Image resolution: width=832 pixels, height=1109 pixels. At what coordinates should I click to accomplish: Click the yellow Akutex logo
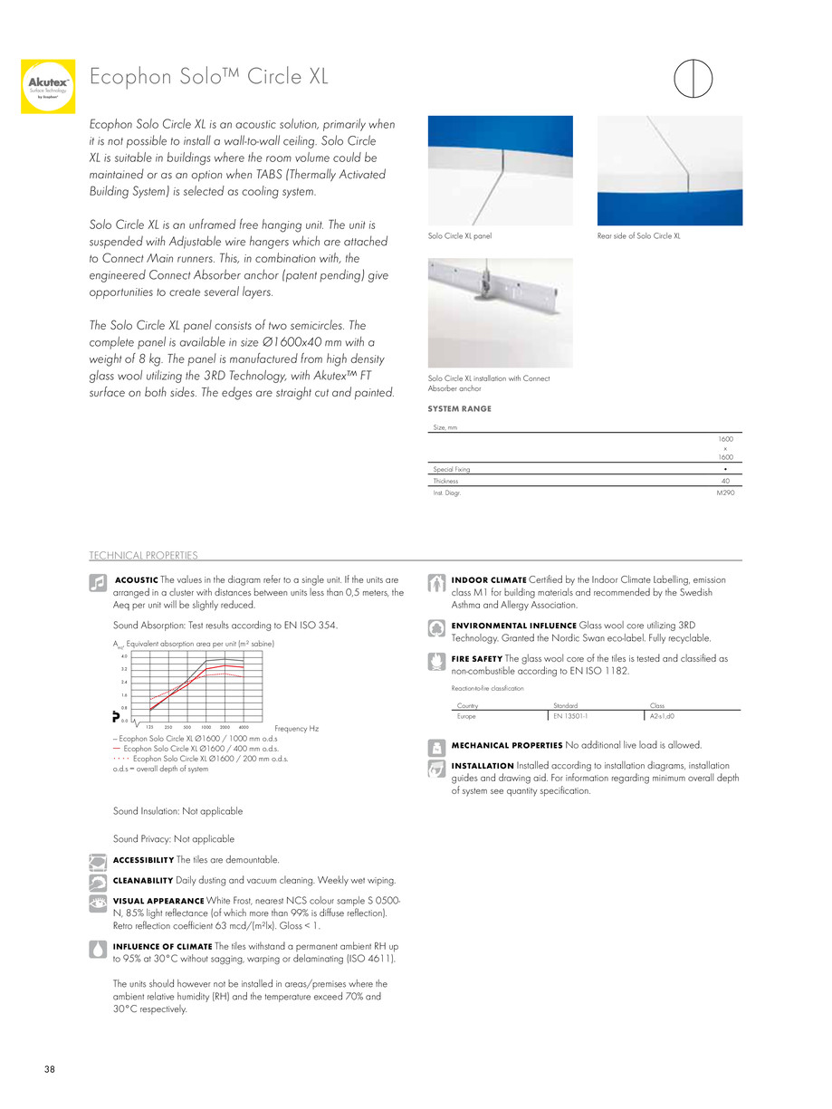pyautogui.click(x=48, y=86)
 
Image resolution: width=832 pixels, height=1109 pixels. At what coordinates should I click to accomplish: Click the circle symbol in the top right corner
pyautogui.click(x=693, y=77)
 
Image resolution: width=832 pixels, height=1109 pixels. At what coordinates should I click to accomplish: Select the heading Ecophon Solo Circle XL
pyautogui.click(x=208, y=77)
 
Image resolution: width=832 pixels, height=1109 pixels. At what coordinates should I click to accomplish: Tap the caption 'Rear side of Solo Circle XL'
pyautogui.click(x=638, y=236)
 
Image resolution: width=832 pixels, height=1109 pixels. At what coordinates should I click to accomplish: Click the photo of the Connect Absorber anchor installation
pyautogui.click(x=500, y=312)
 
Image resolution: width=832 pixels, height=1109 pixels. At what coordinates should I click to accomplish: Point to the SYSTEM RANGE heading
pyautogui.click(x=459, y=409)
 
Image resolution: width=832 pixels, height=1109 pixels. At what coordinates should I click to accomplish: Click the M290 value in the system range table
pyautogui.click(x=723, y=492)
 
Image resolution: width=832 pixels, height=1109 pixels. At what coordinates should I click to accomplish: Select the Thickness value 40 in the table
pyautogui.click(x=725, y=481)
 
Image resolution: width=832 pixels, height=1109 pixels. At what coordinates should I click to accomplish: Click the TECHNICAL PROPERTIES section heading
pyautogui.click(x=143, y=555)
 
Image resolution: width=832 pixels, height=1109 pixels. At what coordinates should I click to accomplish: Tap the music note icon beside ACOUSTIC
pyautogui.click(x=98, y=584)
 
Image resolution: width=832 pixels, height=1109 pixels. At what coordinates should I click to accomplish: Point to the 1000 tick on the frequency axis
pyautogui.click(x=206, y=727)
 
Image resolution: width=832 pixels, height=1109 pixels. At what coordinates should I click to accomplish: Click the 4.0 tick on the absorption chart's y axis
pyautogui.click(x=124, y=655)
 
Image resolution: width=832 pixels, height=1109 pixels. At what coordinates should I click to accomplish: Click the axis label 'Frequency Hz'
pyautogui.click(x=296, y=728)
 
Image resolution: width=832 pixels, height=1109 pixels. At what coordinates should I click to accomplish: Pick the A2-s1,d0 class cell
pyautogui.click(x=662, y=715)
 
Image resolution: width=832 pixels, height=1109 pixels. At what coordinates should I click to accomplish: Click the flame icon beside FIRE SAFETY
pyautogui.click(x=436, y=663)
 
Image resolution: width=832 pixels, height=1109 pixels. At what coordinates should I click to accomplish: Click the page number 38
pyautogui.click(x=50, y=1070)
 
